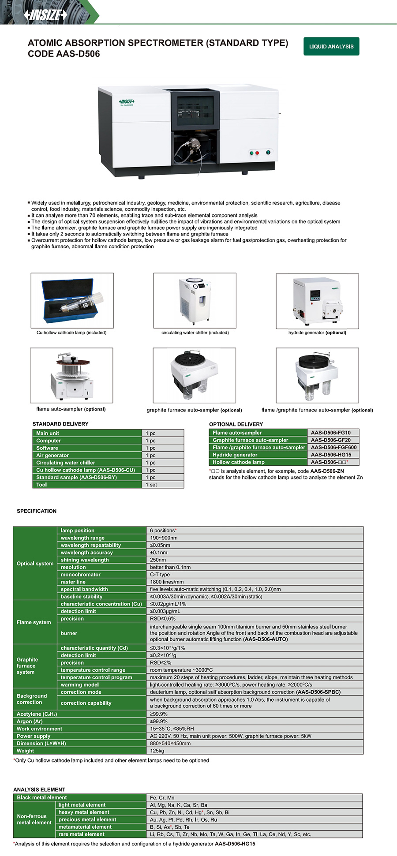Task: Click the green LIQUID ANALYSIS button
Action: tap(331, 46)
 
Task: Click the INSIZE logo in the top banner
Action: tap(45, 15)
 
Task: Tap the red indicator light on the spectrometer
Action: tap(257, 153)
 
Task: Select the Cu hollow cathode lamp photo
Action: tap(72, 300)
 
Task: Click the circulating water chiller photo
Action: tap(195, 300)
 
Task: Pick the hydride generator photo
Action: tap(317, 301)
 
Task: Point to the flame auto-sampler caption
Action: tap(71, 409)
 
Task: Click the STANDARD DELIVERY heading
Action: tap(60, 424)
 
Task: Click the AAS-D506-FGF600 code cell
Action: tap(333, 447)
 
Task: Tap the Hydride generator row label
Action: tap(235, 455)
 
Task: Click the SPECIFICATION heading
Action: tap(37, 511)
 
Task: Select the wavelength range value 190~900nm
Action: tap(164, 538)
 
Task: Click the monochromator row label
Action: tap(81, 575)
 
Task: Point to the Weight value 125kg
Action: tap(157, 751)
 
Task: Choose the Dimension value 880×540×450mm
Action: tap(170, 743)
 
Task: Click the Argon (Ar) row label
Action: tap(30, 721)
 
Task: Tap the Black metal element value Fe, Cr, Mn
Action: tap(162, 797)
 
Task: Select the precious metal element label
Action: tap(87, 819)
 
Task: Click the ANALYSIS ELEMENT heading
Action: tap(39, 789)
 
